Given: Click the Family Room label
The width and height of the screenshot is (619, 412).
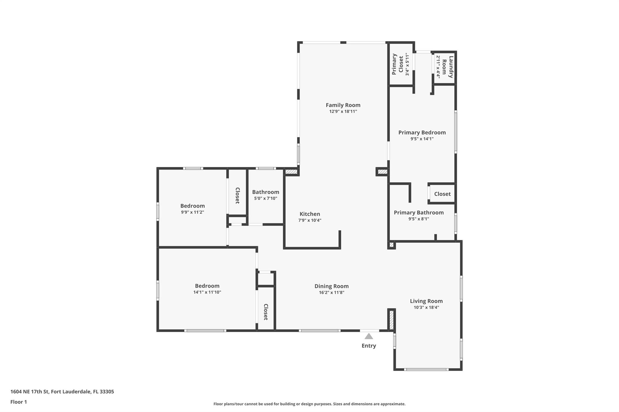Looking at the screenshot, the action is point(343,105).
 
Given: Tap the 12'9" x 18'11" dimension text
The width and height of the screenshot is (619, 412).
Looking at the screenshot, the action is point(343,111).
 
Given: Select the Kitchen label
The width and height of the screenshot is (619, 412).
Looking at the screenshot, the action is point(310,214).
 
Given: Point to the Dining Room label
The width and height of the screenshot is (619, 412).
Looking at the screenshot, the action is point(332,286).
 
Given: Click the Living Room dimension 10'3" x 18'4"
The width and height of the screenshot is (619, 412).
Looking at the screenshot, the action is point(426,308).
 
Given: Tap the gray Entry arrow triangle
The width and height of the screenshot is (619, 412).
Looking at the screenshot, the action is point(369,336).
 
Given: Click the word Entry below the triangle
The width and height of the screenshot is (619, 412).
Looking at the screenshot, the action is point(369,346).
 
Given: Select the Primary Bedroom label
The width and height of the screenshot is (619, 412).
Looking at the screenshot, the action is point(422,133).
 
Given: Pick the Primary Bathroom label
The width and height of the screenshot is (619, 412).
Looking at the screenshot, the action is point(419,212).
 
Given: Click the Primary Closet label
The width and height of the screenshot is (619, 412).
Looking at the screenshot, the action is point(398,64).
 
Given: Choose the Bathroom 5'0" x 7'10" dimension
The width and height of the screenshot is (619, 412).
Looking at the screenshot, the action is point(266,199).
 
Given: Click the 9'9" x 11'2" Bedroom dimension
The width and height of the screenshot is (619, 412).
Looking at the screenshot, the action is point(193,212).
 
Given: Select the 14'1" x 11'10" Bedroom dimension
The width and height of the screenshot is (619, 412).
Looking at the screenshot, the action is point(207,292).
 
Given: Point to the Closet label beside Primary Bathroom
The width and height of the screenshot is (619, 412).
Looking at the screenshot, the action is point(442,194).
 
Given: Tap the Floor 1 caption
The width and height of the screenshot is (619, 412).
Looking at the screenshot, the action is point(18,402).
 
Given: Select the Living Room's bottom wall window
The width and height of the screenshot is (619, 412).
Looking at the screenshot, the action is point(426,369).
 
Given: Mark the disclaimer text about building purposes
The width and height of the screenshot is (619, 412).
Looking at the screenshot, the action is point(309,404).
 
